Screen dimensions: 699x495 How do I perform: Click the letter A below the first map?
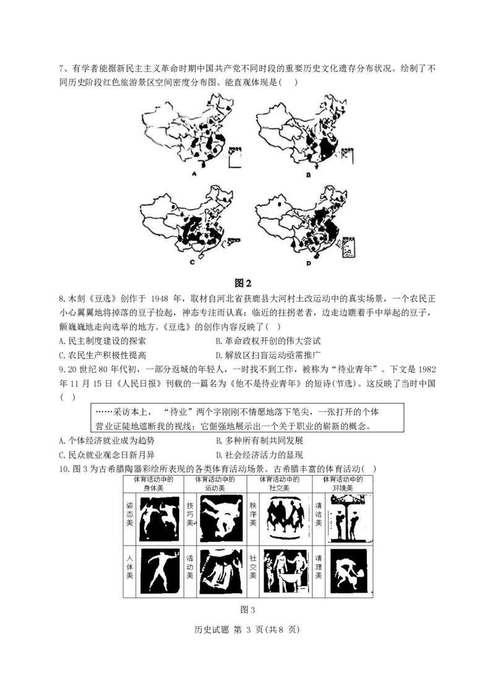[x=194, y=174]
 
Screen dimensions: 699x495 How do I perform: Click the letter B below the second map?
[x=309, y=174]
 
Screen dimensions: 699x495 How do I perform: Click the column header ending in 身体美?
[x=152, y=484]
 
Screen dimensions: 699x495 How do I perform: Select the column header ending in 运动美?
[x=215, y=484]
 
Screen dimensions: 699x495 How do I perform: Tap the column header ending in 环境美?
[x=343, y=484]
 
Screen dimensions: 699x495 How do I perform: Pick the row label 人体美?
[x=129, y=567]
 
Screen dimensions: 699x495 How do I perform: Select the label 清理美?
[x=318, y=567]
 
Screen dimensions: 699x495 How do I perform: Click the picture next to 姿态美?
[x=159, y=518]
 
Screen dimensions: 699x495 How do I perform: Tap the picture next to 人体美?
[x=159, y=570]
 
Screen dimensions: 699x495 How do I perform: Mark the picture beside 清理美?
[x=348, y=570]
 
